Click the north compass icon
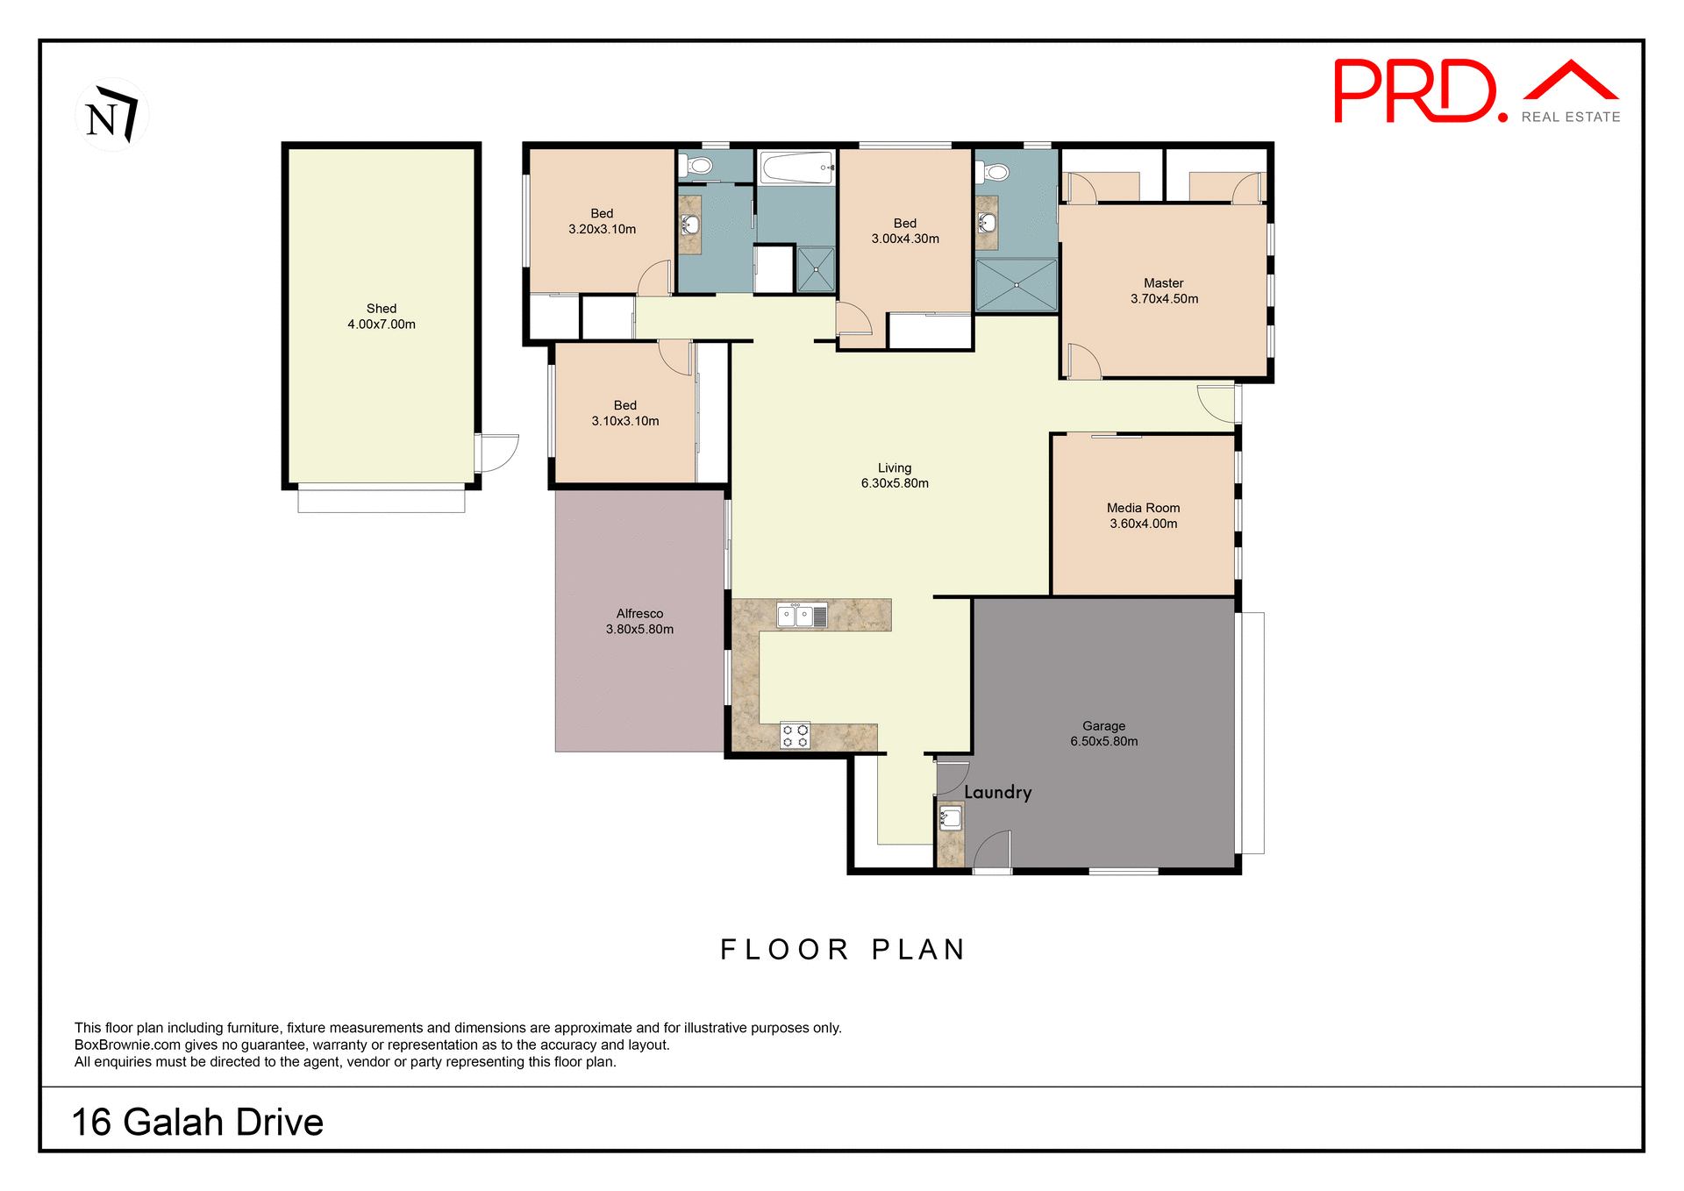(x=111, y=115)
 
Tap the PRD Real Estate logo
(x=1476, y=92)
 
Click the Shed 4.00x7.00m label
(x=382, y=317)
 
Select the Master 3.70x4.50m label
(x=1164, y=291)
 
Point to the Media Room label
(x=1143, y=516)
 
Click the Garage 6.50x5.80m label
(x=1103, y=734)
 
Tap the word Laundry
(x=997, y=792)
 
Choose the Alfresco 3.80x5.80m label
(x=639, y=622)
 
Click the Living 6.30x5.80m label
(x=895, y=476)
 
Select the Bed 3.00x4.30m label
(x=905, y=232)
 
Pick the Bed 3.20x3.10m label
(x=602, y=222)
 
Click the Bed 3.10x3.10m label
(x=624, y=413)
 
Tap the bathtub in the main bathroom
(x=796, y=168)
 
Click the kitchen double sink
(x=802, y=616)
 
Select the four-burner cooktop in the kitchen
(x=796, y=735)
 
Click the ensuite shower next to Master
(x=1017, y=284)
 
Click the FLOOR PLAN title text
(x=842, y=950)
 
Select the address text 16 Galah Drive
(x=197, y=1123)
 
